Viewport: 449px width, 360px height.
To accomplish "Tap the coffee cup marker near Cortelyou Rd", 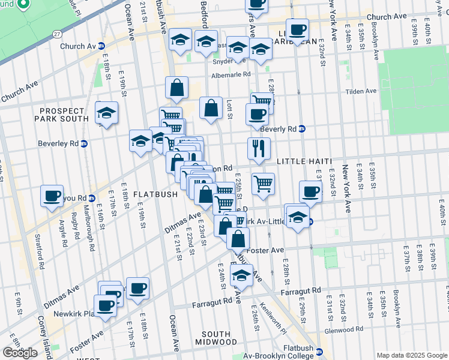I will click(52, 195).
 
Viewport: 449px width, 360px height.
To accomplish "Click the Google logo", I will click(20, 353).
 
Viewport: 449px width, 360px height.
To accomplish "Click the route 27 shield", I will click(56, 34).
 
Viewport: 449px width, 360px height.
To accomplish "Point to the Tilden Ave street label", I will click(360, 91).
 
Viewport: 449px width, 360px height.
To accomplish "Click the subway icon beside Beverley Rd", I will click(85, 143).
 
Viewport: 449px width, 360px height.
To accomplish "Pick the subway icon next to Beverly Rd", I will click(302, 128).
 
